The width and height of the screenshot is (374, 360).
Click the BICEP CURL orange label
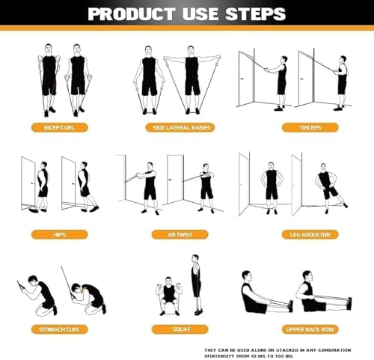click(58, 127)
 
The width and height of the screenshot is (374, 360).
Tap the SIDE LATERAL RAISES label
click(179, 127)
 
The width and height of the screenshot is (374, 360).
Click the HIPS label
click(58, 234)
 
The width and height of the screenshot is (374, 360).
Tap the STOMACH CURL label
click(58, 329)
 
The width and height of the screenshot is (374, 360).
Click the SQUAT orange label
click(179, 329)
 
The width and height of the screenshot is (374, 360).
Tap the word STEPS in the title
click(256, 13)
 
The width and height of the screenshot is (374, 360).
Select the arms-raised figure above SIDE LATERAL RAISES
click(191, 75)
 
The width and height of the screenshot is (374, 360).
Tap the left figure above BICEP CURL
click(48, 79)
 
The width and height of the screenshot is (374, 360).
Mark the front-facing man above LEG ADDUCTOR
click(271, 187)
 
